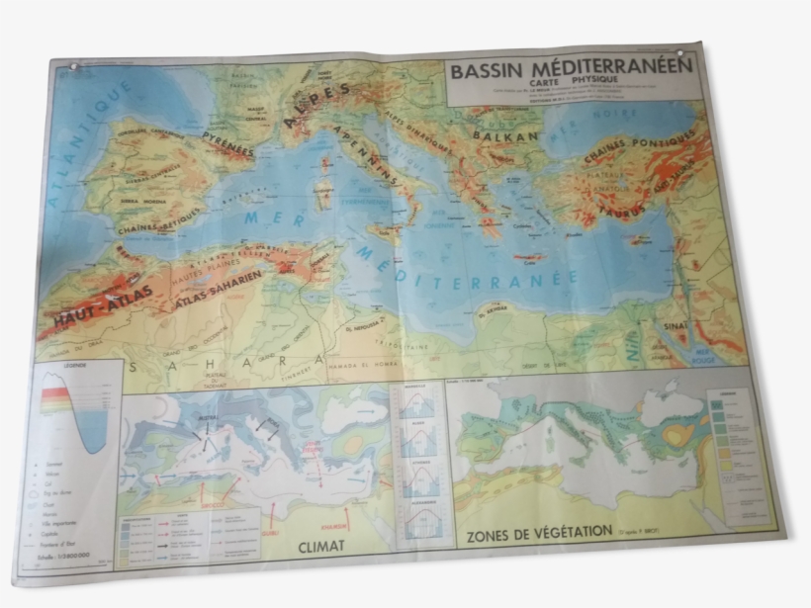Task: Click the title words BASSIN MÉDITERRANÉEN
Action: coord(571,70)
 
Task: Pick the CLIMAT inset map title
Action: coord(320,544)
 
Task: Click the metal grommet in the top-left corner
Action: coord(72,69)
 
